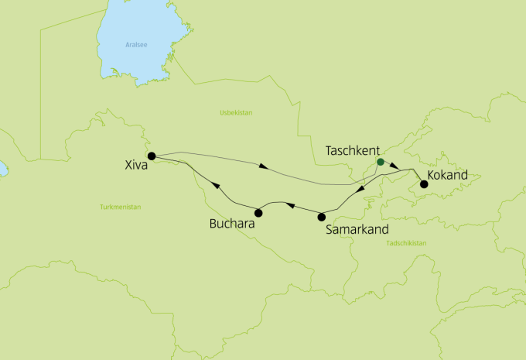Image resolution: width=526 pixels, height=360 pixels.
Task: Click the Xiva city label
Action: (x=136, y=165)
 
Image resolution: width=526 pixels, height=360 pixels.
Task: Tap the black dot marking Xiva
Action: (x=152, y=156)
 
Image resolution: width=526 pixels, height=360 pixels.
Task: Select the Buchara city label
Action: (x=232, y=225)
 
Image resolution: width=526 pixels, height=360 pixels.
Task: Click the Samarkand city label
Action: (x=357, y=229)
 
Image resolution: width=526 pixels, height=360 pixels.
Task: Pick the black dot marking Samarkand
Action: (x=322, y=216)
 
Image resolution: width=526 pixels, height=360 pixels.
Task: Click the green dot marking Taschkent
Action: (x=380, y=163)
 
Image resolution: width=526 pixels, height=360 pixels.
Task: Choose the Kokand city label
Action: (x=448, y=176)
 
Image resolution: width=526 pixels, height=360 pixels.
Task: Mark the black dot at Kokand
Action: (x=423, y=184)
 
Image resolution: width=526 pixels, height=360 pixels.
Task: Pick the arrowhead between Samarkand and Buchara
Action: (x=290, y=205)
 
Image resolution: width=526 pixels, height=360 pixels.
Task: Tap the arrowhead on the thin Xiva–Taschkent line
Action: (x=264, y=166)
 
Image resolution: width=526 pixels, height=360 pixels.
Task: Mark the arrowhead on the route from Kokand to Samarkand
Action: (x=360, y=191)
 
